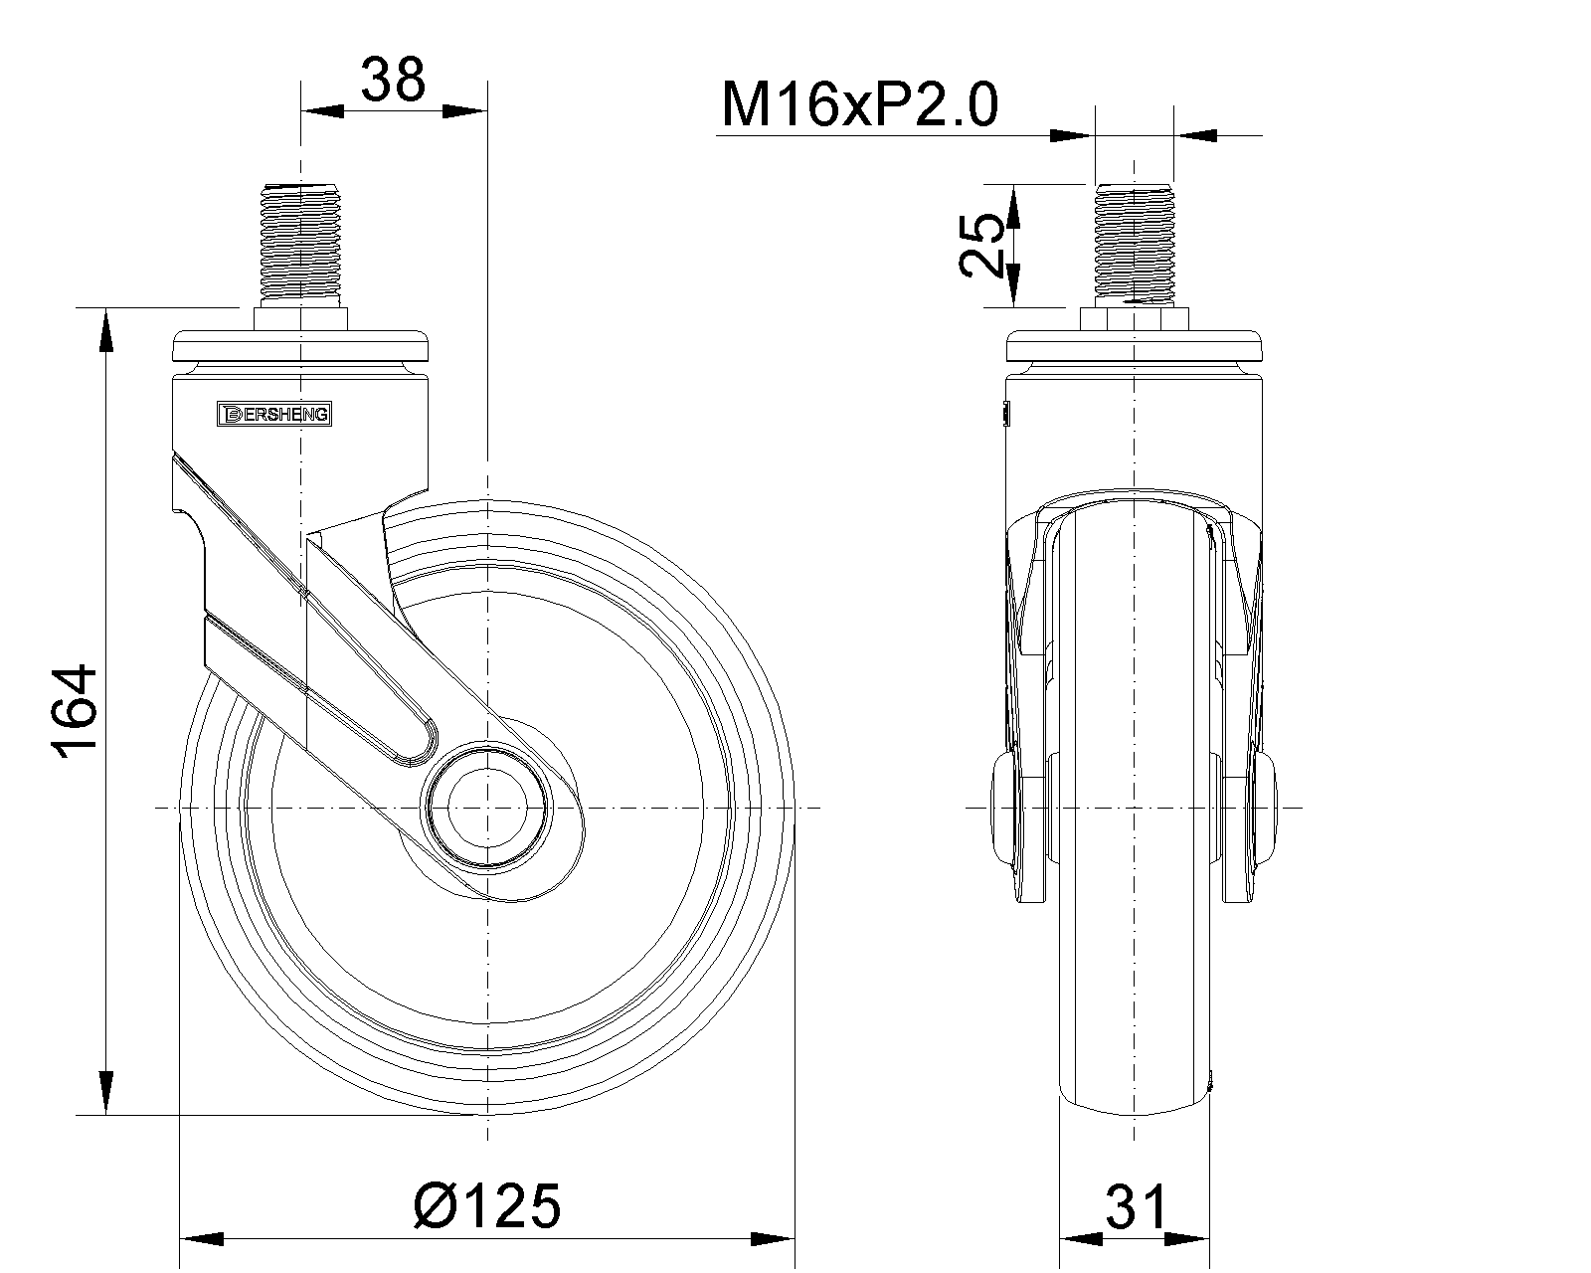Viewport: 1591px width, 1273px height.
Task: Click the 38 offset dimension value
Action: point(393,80)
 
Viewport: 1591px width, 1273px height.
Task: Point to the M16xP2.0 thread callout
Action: point(859,105)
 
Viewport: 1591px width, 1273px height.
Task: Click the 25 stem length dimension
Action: point(981,245)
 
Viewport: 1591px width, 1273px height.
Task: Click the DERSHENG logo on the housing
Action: point(274,415)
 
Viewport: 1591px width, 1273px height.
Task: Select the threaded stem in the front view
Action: point(1135,245)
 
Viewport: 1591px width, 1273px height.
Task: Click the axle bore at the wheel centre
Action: point(487,807)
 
